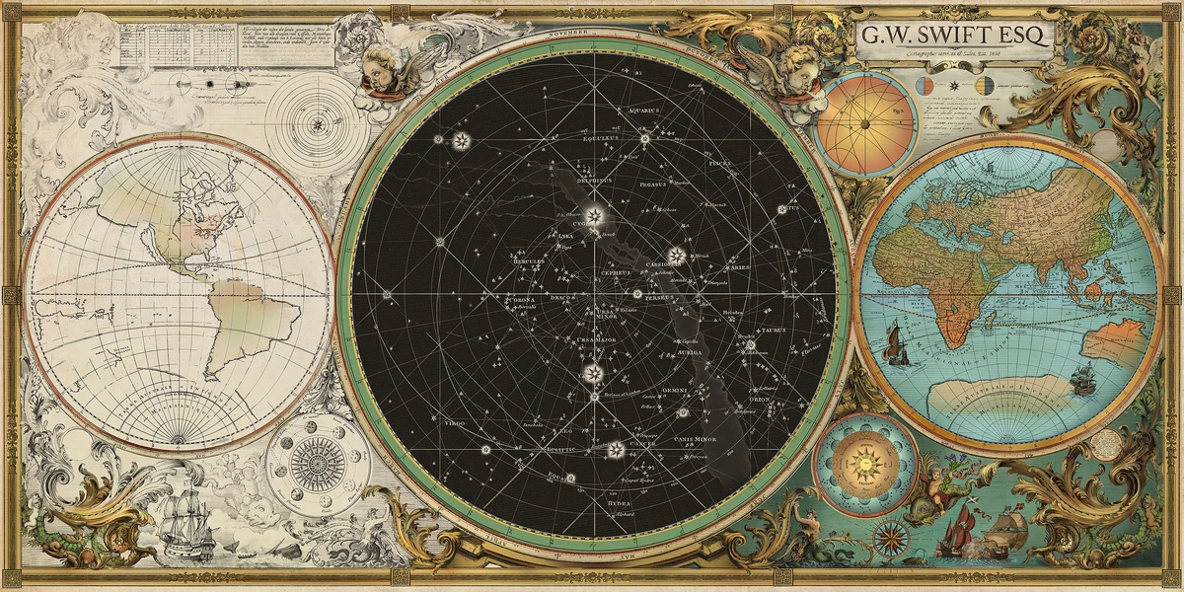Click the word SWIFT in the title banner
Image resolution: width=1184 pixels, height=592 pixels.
pyautogui.click(x=963, y=37)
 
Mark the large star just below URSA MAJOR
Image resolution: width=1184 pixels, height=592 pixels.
pyautogui.click(x=593, y=372)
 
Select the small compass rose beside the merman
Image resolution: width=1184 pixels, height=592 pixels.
pyautogui.click(x=891, y=538)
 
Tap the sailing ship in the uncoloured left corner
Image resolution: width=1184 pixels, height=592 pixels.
pyautogui.click(x=185, y=519)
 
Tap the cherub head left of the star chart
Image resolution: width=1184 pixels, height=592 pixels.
pyautogui.click(x=379, y=68)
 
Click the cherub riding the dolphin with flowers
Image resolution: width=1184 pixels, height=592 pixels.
pyautogui.click(x=933, y=484)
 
